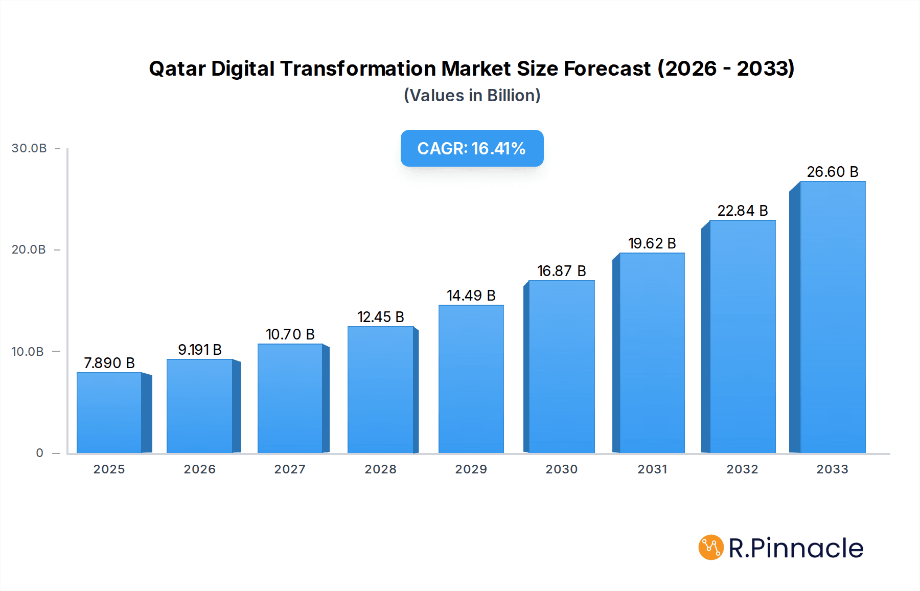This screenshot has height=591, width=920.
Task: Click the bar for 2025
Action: tap(109, 413)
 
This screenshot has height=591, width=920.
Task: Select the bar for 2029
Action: tap(471, 379)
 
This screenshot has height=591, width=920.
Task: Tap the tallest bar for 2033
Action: tap(832, 317)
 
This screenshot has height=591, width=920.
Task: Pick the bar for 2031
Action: tap(652, 353)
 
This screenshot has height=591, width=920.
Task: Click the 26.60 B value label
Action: tap(832, 172)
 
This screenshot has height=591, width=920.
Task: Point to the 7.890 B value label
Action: tap(109, 363)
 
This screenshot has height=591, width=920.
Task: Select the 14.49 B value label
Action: tap(471, 295)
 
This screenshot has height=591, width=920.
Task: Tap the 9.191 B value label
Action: tap(199, 350)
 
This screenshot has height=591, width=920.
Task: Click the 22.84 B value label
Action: tap(742, 211)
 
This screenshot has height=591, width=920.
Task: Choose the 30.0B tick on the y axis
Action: tap(29, 148)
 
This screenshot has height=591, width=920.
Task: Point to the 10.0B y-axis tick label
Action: tap(28, 352)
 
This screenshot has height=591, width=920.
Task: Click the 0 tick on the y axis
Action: tap(39, 453)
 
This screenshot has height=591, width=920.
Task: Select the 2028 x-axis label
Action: tap(380, 469)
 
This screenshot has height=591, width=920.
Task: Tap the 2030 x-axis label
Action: tap(561, 469)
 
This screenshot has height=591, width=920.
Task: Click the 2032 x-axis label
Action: tap(742, 469)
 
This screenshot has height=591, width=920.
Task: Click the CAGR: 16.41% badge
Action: tap(472, 148)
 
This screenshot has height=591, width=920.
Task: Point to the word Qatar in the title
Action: tap(177, 69)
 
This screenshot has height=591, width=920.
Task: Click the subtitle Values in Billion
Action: tap(472, 96)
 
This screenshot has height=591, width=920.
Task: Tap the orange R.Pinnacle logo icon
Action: tap(711, 548)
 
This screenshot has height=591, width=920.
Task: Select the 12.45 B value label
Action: tap(380, 317)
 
